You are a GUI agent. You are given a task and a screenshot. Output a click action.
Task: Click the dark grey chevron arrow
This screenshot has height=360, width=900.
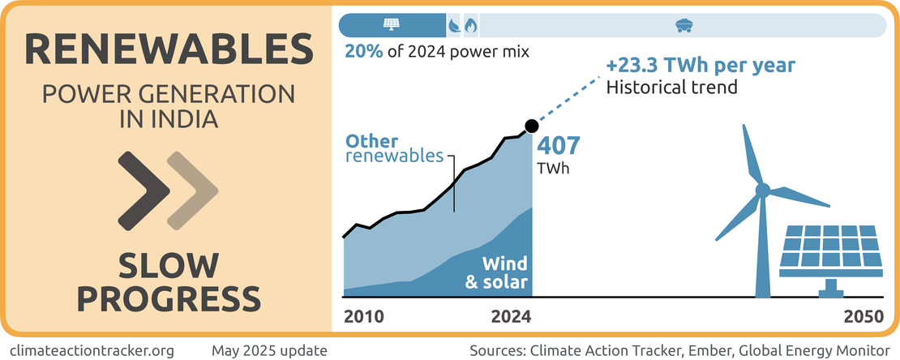pyautogui.click(x=144, y=190)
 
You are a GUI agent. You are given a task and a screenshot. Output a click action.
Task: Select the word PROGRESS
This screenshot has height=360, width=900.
pyautogui.click(x=168, y=298)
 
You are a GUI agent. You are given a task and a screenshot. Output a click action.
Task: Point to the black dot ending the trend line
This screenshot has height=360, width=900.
pyautogui.click(x=531, y=126)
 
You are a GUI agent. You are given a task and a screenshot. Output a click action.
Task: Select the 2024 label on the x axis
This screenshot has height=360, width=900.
pyautogui.click(x=511, y=316)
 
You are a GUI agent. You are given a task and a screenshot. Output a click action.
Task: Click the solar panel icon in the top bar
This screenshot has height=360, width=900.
pyautogui.click(x=392, y=25)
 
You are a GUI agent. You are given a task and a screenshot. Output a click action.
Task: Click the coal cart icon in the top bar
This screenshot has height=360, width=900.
pyautogui.click(x=683, y=25)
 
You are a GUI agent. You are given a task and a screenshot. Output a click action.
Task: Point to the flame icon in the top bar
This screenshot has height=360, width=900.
pyautogui.click(x=469, y=25)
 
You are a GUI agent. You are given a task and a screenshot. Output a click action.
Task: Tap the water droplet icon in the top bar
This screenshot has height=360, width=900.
pyautogui.click(x=454, y=25)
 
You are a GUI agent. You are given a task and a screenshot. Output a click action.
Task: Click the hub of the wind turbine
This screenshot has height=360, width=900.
pyautogui.click(x=762, y=191)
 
